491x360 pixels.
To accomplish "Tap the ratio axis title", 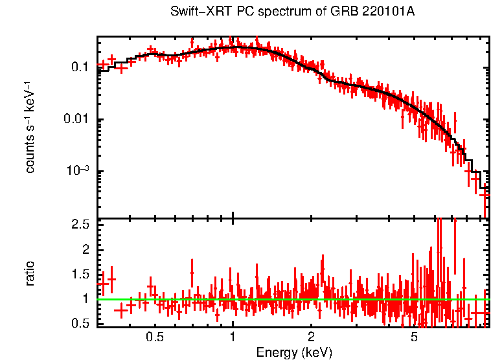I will pyautogui.click(x=30, y=274).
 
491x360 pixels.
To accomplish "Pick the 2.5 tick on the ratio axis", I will pyautogui.click(x=80, y=225).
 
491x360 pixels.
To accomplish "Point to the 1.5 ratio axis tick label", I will pyautogui.click(x=80, y=275).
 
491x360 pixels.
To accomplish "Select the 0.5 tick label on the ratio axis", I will pyautogui.click(x=80, y=324).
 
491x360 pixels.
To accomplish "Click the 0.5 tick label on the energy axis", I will pyautogui.click(x=154, y=337).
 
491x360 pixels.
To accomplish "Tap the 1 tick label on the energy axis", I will pyautogui.click(x=233, y=337).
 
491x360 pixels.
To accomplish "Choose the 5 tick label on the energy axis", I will pyautogui.click(x=415, y=337).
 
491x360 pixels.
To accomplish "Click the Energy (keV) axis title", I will pyautogui.click(x=294, y=352).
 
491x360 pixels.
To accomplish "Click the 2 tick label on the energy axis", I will pyautogui.click(x=311, y=337).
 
